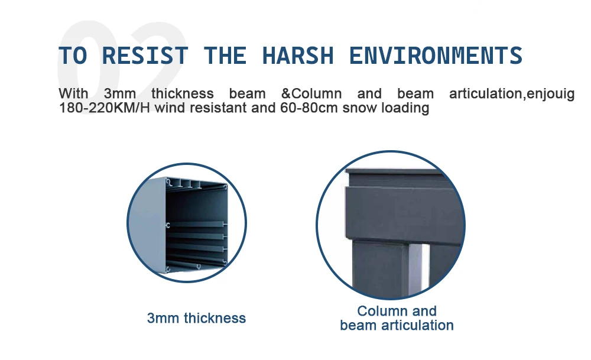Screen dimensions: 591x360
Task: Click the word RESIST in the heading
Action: coord(145,56)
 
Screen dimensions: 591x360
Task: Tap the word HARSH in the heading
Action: coord(298,56)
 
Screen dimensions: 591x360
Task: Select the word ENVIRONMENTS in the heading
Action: coord(436,56)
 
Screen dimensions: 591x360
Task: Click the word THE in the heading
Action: coord(225,56)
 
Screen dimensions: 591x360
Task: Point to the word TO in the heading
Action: coord(73,56)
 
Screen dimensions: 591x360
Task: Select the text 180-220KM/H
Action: coord(105,108)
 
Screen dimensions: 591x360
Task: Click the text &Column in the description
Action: coord(311,93)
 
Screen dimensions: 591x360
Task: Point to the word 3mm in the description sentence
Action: coord(120,93)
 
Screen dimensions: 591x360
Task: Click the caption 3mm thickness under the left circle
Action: coord(196,318)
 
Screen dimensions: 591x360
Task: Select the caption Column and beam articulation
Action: coord(397,318)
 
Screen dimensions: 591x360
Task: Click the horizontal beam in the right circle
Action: coord(403,213)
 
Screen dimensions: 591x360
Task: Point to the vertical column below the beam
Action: coord(381,268)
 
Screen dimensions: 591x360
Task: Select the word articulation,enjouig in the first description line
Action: coord(512,93)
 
